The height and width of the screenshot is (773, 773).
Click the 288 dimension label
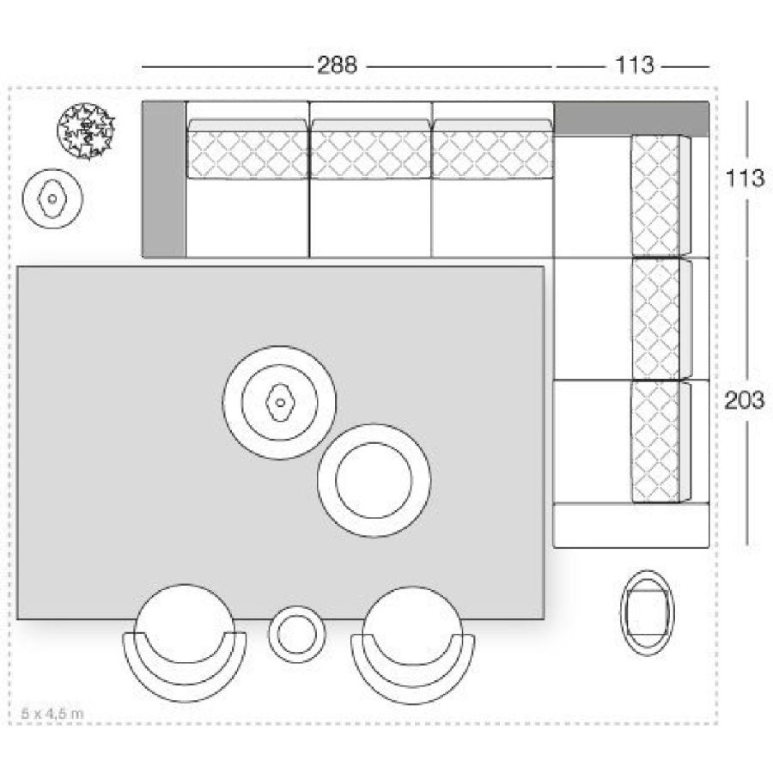(x=338, y=65)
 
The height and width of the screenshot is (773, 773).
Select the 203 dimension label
(x=744, y=399)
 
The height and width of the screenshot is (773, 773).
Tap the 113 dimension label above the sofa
(x=635, y=65)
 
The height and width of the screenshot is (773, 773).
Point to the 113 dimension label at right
(x=745, y=178)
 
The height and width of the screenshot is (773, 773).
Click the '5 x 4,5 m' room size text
(x=52, y=713)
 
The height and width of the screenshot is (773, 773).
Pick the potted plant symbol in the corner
(x=86, y=131)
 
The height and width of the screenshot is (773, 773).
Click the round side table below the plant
(x=52, y=198)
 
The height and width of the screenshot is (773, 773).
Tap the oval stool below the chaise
(x=648, y=612)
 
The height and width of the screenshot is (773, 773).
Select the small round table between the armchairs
(x=297, y=634)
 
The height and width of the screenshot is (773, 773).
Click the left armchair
(x=185, y=641)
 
